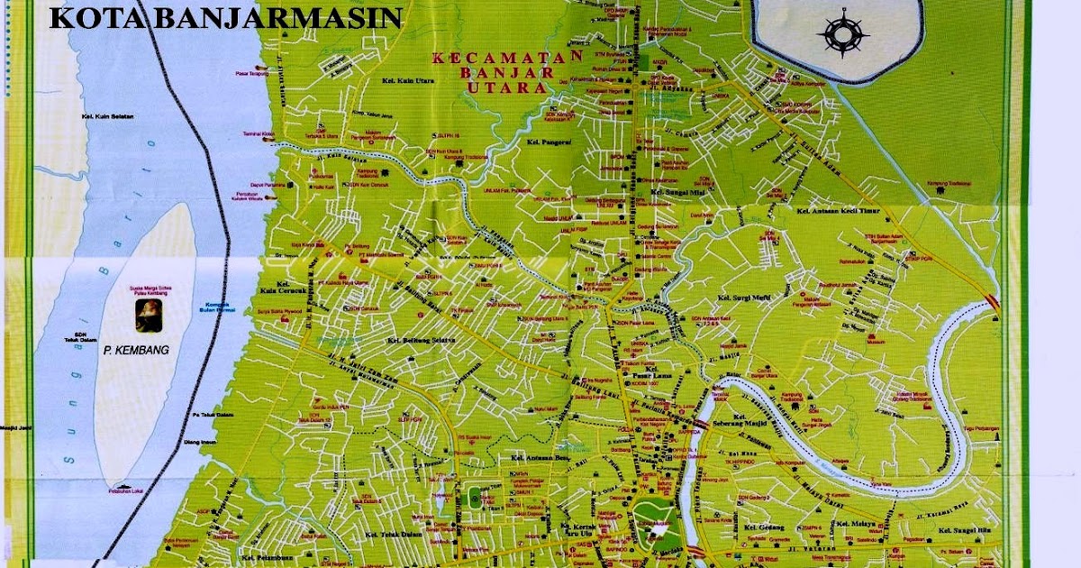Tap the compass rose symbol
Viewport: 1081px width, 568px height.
[842, 33]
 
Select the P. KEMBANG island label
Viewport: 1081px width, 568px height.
[138, 348]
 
